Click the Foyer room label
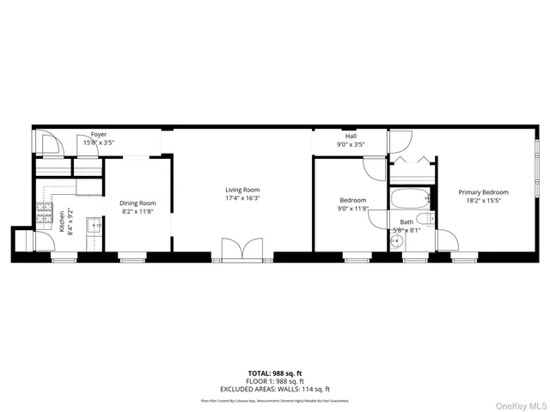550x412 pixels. pos(99,136)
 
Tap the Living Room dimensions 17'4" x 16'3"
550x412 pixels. pos(242,198)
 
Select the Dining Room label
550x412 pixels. pos(137,203)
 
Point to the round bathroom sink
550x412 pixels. pos(397,242)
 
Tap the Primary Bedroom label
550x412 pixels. pos(483,192)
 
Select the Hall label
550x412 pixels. pos(351,136)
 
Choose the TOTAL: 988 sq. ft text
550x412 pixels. pos(274,373)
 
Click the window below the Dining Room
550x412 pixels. pos(131,255)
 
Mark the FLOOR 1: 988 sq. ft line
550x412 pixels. pos(274,380)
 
